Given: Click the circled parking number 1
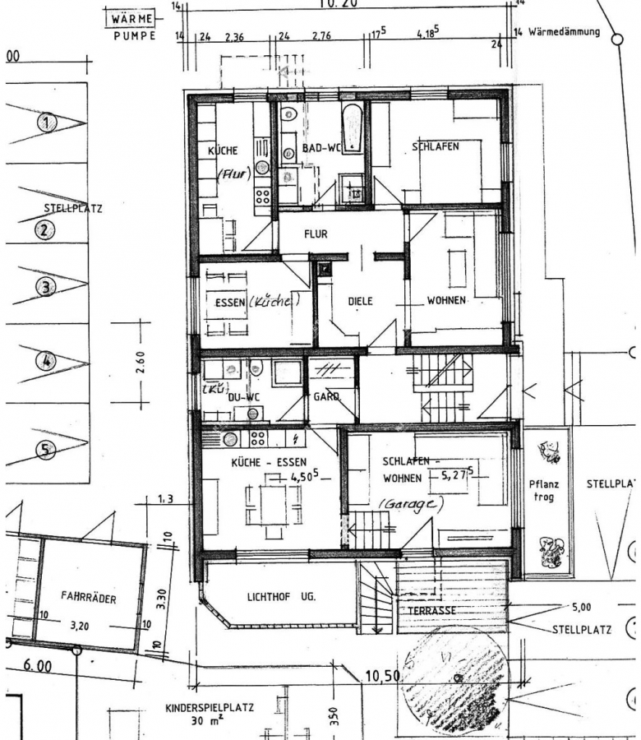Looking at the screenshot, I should click(48, 123).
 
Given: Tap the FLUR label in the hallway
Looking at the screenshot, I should click(316, 234).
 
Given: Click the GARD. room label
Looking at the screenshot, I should click(326, 396).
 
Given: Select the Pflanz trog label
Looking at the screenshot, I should click(544, 491).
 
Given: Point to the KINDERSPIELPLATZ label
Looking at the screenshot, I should click(209, 707).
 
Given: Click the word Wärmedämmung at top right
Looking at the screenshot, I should click(564, 33).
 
